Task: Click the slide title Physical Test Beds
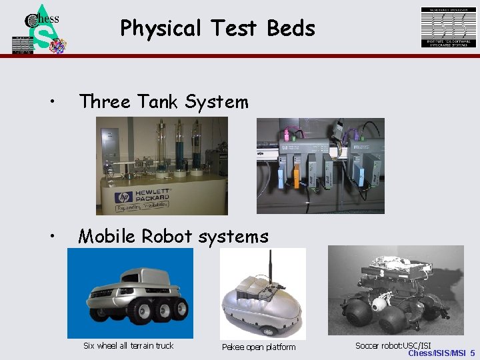click(217, 29)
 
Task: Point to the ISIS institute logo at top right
click(448, 27)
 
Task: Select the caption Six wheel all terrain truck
click(128, 345)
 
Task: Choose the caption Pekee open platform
click(259, 347)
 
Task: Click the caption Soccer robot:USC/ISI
click(393, 345)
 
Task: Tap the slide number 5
click(472, 353)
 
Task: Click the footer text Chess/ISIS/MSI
click(437, 353)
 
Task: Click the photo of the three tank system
click(162, 165)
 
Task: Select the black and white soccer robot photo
click(400, 290)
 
